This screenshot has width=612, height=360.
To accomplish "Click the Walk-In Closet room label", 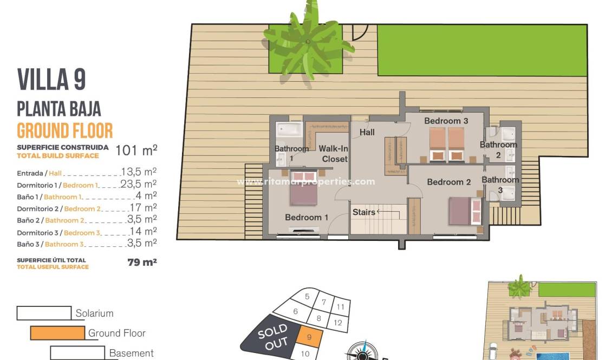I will tap(333, 154).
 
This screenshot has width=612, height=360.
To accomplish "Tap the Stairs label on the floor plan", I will tap(364, 212).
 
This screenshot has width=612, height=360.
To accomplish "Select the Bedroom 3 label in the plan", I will tap(446, 121).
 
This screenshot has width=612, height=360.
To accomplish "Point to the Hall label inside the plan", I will tap(367, 132).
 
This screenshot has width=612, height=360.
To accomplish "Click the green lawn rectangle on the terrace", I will tap(482, 50).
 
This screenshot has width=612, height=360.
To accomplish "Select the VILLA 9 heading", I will tap(51, 80).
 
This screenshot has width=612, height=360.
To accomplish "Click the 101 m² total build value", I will tap(136, 150).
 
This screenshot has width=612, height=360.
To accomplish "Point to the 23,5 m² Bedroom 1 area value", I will tap(139, 184).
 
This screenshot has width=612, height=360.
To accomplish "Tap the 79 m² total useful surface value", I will tap(142, 263).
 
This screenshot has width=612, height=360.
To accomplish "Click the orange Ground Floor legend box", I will tap(57, 333).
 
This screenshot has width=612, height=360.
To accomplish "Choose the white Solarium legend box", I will tap(44, 313).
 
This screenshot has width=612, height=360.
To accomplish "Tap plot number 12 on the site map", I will tap(338, 323).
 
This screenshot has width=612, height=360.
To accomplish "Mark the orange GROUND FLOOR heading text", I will tap(65, 130).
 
